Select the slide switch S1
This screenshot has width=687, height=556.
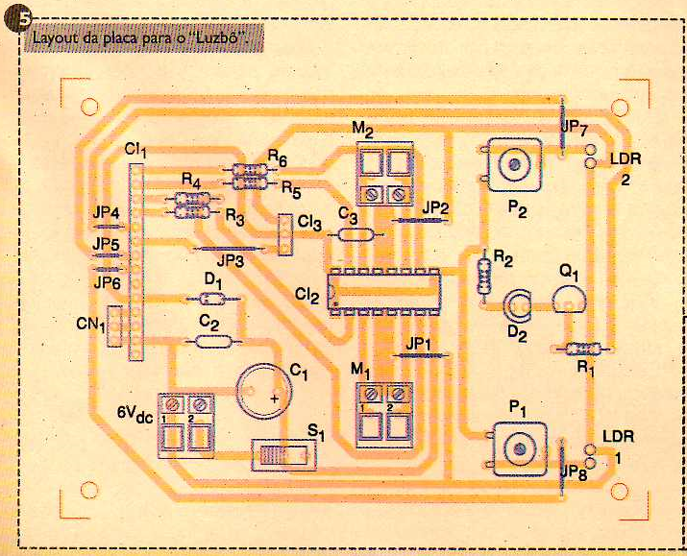point(283,455)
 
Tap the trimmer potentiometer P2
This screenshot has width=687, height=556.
point(513,165)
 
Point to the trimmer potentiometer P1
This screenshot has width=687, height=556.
point(519,449)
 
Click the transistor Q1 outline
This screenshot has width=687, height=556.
point(569,300)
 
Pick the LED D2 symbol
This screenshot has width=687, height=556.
point(518,304)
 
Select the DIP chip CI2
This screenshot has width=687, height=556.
point(384,292)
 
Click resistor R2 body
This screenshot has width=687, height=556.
point(484,276)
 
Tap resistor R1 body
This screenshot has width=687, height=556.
point(582,349)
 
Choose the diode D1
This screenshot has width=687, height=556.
point(213,300)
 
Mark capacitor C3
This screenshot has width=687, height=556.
point(356,235)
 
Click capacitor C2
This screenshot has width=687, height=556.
point(213,341)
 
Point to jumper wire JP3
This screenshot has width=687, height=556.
point(229,249)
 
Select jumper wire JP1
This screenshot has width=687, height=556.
point(420,355)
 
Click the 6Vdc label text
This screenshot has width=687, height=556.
point(135,414)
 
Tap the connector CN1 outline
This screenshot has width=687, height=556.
point(114,326)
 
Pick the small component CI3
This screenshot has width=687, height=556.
point(285,234)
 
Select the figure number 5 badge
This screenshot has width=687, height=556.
point(18,20)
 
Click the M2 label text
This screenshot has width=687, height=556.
point(363,130)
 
